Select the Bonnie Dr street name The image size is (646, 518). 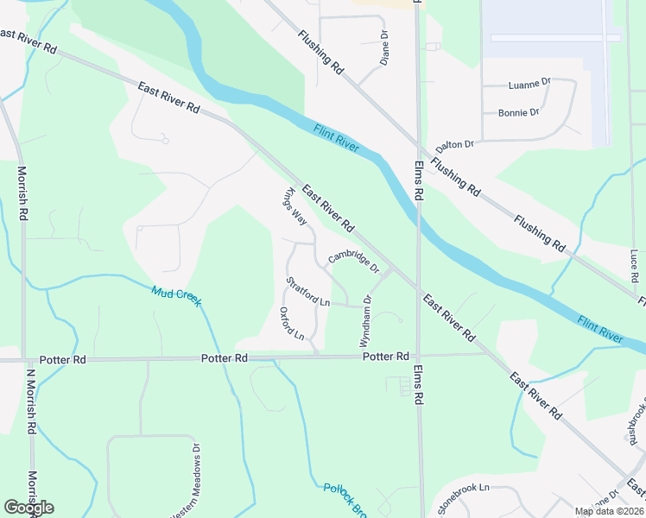518,112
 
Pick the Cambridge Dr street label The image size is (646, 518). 353,262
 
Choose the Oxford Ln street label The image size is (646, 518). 292,323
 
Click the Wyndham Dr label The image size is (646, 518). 367,321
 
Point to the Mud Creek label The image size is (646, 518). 176,295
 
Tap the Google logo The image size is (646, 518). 28,508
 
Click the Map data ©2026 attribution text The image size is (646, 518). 609,511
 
